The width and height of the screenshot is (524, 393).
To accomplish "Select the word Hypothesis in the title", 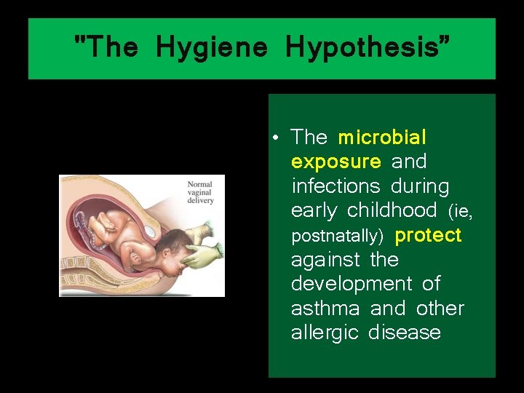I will point(368,48).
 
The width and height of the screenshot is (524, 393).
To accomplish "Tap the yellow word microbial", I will point(382,137).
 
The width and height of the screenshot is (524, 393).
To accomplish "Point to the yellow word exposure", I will point(336,161).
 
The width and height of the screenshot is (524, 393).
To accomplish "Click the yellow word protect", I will point(428,235).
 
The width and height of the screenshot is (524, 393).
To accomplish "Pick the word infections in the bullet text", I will point(336,186).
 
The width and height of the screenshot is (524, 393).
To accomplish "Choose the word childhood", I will point(392,210).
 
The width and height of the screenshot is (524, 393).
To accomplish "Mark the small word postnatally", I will point(337,237).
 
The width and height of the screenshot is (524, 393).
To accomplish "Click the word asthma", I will point(325,309).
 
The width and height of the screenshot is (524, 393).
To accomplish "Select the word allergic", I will point(325,333).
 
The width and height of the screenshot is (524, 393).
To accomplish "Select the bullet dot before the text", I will point(279,138).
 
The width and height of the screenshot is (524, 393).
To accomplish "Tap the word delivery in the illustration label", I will point(200,201).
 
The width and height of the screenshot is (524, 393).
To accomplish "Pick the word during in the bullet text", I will point(420,186).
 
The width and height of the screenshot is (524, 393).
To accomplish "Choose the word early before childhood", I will point(314,210).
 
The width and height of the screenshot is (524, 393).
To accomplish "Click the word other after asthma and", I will point(440,309).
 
